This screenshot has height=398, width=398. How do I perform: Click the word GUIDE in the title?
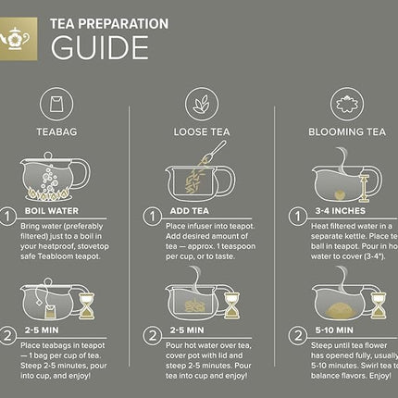point(99,47)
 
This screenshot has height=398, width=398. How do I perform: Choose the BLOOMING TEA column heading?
point(346,133)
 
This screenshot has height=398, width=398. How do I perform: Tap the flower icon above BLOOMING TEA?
point(346,103)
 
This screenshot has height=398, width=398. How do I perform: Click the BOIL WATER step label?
point(52,211)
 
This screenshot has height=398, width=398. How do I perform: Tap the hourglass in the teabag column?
point(86,305)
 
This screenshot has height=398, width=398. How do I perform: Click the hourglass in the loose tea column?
point(231,305)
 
